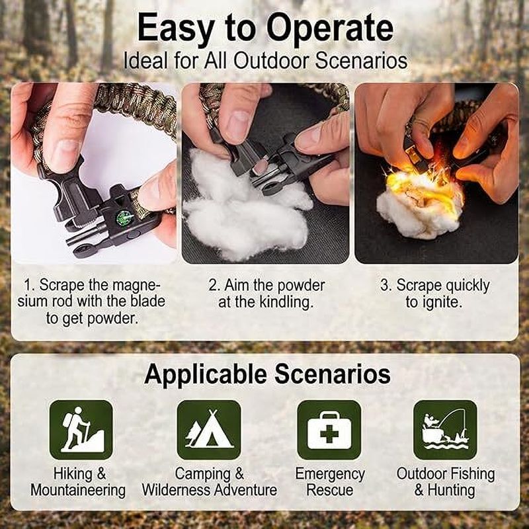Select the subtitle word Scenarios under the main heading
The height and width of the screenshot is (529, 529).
point(360,61)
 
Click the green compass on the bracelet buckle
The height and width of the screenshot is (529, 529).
point(123,218)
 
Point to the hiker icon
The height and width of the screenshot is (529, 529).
point(81,429)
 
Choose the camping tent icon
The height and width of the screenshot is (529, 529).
point(209,429)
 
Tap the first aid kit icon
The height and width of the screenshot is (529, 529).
point(329,429)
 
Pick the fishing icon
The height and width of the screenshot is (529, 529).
point(445,429)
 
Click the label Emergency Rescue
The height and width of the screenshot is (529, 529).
point(329,482)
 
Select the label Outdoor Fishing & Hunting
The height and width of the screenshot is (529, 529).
point(445,482)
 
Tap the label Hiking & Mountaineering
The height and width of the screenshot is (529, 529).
point(78,482)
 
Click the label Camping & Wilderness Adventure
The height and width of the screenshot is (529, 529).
point(209,482)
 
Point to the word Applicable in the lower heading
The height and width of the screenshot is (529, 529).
point(206,374)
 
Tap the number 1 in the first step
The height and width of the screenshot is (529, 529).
point(28,286)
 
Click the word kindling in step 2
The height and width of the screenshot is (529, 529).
point(286,302)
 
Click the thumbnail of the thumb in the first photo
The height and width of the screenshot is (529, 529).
point(65,153)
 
